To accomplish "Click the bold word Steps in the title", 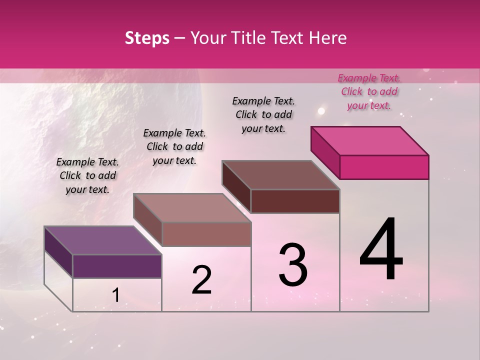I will coord(147,38).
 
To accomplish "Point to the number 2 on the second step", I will coord(201,280).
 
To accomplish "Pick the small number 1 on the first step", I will coord(115,295).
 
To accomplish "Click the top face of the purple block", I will coord(102,240).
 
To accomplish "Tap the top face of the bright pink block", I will coord(369,140).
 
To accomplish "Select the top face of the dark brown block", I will coord(280,175).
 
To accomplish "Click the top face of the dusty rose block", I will coord(191,208).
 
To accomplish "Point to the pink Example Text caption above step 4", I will coord(369,91).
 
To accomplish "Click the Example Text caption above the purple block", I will coord(87,175).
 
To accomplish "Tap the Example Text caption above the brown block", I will coord(263,114).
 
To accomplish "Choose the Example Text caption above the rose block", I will coord(174,146).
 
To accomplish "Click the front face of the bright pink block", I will coord(384,167).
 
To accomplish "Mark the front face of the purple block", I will coord(117,266).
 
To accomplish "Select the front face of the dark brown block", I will coord(295,201).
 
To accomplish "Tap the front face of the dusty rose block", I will coord(206,234).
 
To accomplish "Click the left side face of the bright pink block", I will coord(325,152).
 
